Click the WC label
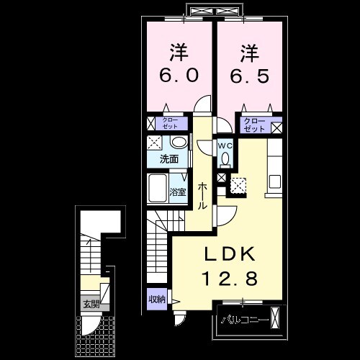225,145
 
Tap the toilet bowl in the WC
225,159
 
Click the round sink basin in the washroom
179,143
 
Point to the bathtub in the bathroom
157,189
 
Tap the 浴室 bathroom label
178,192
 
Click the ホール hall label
203,194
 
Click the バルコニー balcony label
244,318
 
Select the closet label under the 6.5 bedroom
253,125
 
